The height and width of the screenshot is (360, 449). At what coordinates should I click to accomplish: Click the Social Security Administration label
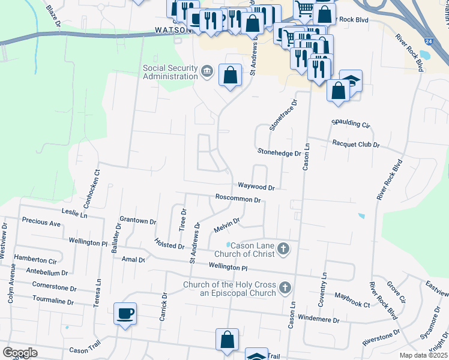[170, 72]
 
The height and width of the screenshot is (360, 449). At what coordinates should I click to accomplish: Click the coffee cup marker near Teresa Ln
[125, 313]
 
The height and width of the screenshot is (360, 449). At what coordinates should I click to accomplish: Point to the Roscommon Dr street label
[238, 199]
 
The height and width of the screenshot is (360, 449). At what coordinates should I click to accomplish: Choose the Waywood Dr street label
[256, 187]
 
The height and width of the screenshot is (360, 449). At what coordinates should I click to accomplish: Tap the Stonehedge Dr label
[279, 153]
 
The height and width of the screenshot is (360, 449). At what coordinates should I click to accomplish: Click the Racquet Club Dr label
[356, 145]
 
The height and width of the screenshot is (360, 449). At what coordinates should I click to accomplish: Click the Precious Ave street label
[41, 223]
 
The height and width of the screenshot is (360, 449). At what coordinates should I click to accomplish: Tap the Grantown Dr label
[137, 221]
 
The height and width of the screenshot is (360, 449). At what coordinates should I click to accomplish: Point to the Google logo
[20, 353]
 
